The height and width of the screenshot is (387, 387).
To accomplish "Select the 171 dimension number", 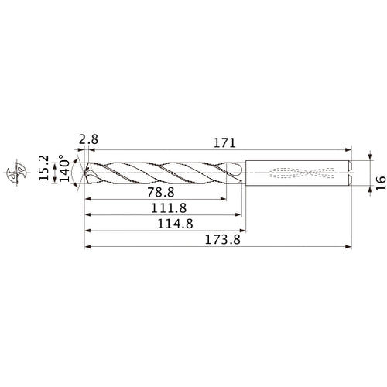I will click(224, 142).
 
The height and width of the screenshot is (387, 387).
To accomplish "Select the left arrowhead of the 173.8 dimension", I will click(87, 248).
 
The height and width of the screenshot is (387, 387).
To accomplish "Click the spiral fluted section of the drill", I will click(163, 174).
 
